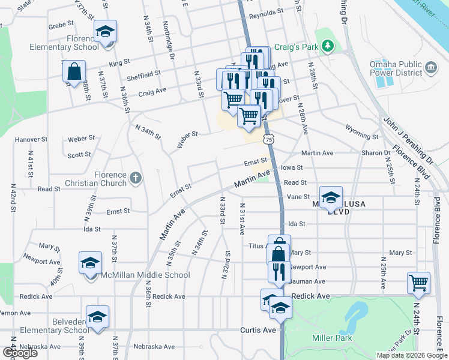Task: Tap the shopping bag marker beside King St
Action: pos(74,71)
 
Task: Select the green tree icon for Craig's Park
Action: pos(327,46)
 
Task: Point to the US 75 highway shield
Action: pos(268,139)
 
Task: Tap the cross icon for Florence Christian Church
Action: pos(136,178)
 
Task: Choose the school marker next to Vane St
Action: pos(331,199)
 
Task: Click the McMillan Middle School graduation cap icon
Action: pos(90,263)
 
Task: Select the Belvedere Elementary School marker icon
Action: pos(97,317)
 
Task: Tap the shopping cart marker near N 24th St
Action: pos(418,282)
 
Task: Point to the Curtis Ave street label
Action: pos(258,330)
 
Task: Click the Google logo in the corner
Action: pos(20,353)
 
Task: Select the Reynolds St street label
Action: pos(266,12)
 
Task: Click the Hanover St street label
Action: pos(31,139)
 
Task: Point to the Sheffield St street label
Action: pos(143,73)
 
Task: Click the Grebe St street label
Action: pos(61,26)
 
